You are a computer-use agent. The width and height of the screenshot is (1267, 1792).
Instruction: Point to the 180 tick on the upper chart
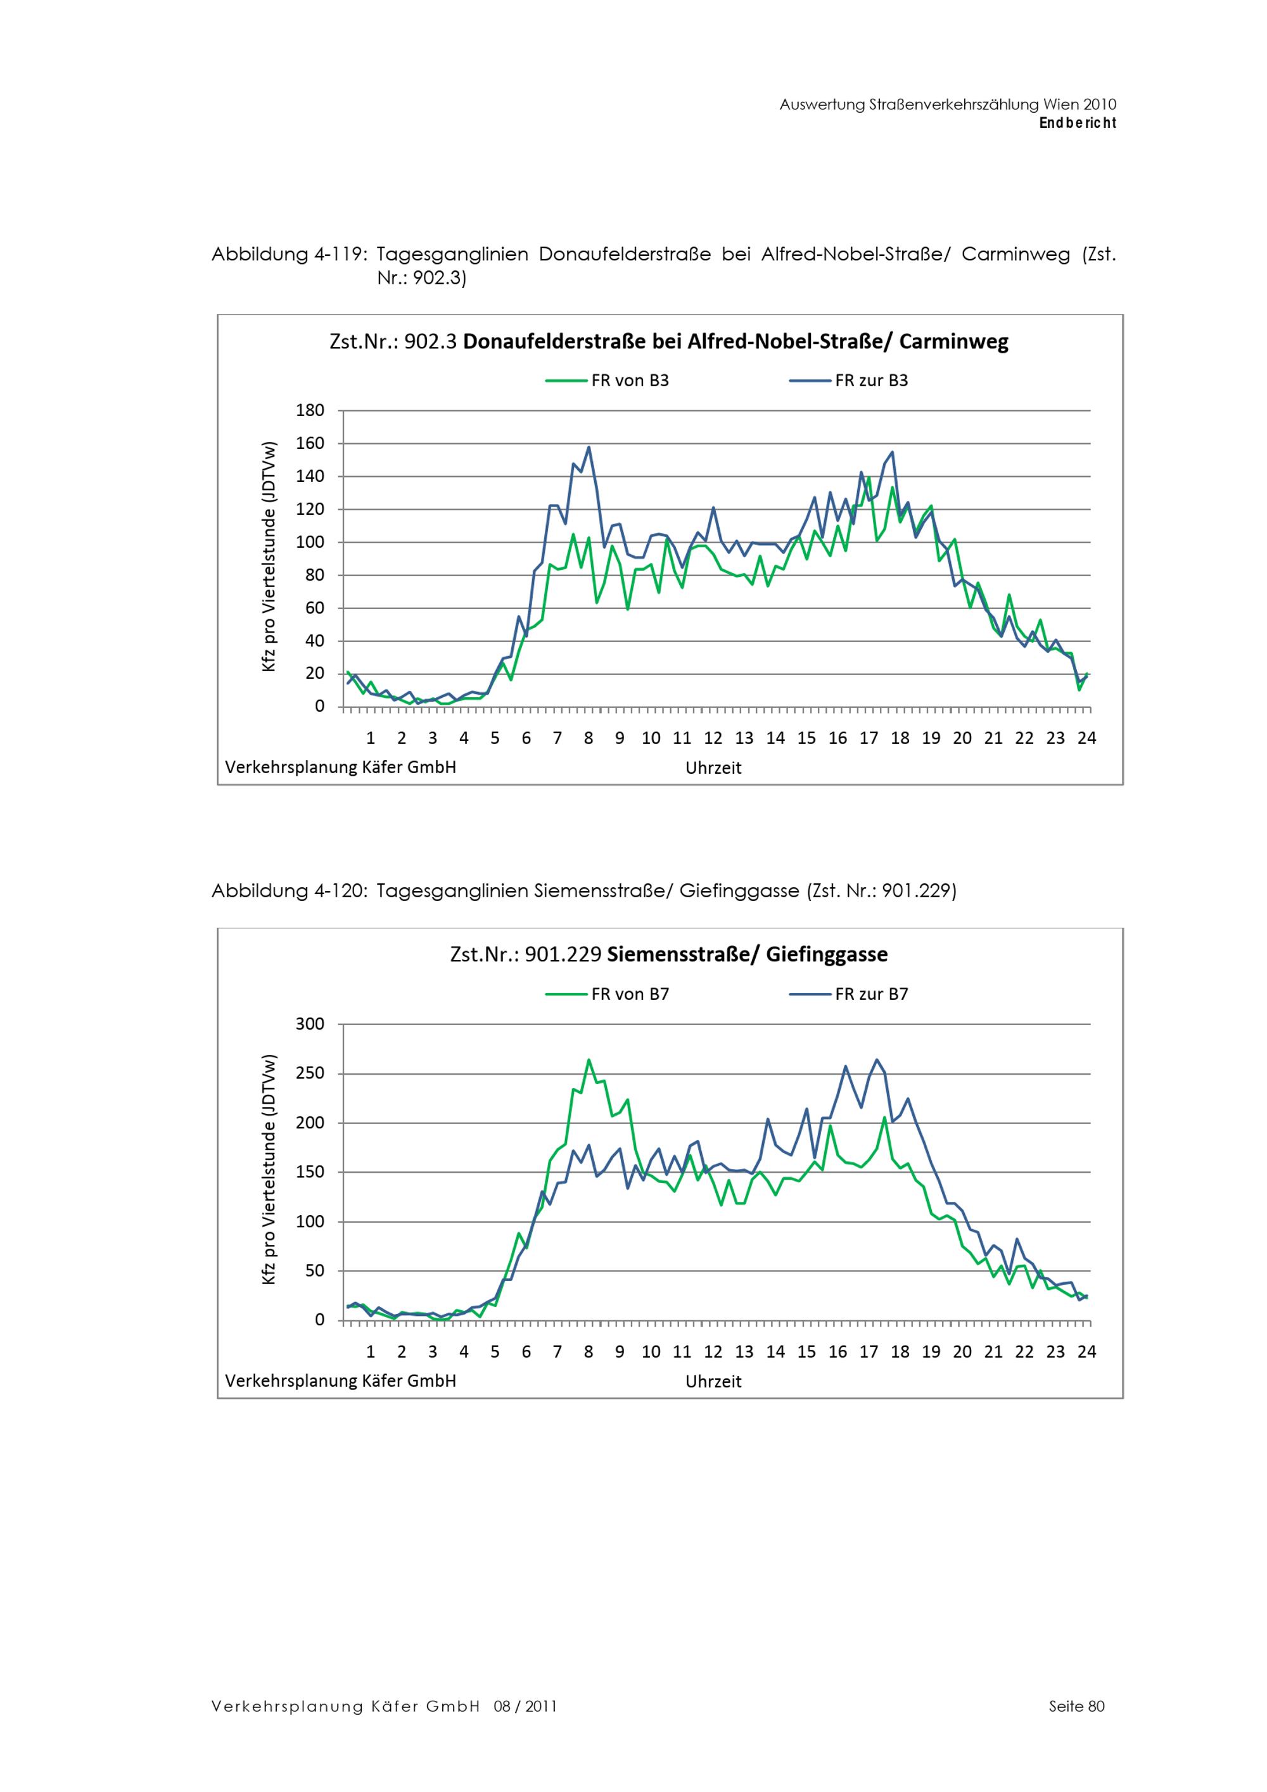pyautogui.click(x=310, y=410)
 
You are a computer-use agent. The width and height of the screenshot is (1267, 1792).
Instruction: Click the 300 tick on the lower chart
pyautogui.click(x=310, y=1024)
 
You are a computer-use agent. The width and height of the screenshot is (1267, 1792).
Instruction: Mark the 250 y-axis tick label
pyautogui.click(x=310, y=1073)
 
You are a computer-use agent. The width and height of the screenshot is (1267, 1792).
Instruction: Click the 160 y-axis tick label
pyautogui.click(x=310, y=443)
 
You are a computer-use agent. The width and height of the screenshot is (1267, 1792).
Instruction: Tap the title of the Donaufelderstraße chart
pyautogui.click(x=669, y=342)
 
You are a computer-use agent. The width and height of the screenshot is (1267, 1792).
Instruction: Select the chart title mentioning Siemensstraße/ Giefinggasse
pyautogui.click(x=669, y=954)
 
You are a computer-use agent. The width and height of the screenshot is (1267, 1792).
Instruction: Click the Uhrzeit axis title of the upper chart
pyautogui.click(x=713, y=768)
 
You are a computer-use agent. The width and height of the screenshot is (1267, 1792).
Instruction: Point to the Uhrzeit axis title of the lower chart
pyautogui.click(x=713, y=1382)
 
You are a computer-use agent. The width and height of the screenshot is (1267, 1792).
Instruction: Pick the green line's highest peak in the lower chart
pyautogui.click(x=589, y=1060)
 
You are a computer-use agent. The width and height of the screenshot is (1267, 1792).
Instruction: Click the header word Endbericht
pyautogui.click(x=1078, y=123)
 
